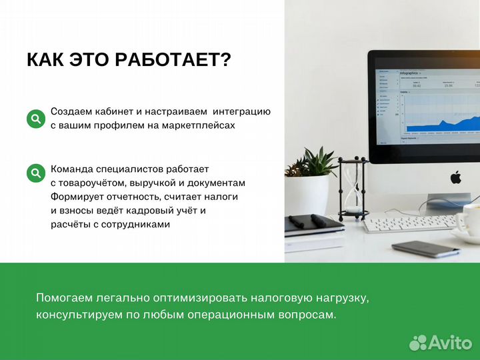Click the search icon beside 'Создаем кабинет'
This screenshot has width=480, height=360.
click(35, 119)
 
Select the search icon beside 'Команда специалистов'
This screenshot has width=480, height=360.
click(35, 174)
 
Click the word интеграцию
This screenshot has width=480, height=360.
click(241, 111)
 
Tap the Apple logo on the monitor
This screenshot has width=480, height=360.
click(456, 177)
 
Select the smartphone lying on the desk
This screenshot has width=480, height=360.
click(425, 249)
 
